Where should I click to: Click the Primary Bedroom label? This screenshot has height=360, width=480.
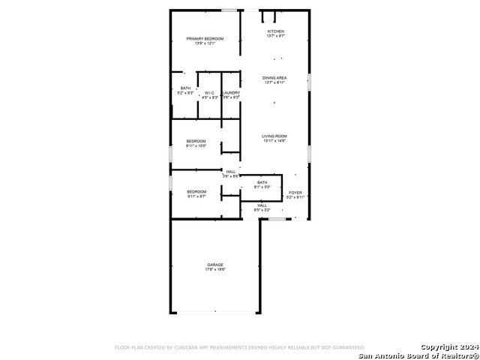(x=205, y=38)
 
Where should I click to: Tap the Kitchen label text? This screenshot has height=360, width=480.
(x=276, y=31)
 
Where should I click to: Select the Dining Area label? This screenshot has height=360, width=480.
(x=274, y=78)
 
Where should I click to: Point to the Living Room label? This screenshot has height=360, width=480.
(x=274, y=136)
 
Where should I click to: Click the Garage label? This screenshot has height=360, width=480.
(x=215, y=265)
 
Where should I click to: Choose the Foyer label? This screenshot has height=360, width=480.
(x=295, y=193)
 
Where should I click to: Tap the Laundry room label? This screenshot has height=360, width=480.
(x=230, y=92)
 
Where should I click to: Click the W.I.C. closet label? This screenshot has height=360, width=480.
(x=210, y=92)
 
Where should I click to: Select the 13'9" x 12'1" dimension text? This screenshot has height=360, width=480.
(x=205, y=43)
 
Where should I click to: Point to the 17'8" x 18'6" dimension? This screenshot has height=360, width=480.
(x=215, y=270)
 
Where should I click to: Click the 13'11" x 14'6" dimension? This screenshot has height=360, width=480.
(x=274, y=141)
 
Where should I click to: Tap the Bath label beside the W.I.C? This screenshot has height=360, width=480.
(x=185, y=88)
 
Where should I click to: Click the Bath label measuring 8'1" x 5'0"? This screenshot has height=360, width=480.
(x=262, y=182)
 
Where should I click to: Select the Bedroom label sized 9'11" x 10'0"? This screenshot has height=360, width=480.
(x=196, y=140)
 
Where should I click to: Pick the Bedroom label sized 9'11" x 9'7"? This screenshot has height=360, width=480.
(x=196, y=191)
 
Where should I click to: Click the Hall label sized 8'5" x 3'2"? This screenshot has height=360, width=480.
(x=262, y=205)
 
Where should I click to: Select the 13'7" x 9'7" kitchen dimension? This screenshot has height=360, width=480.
(x=276, y=36)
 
